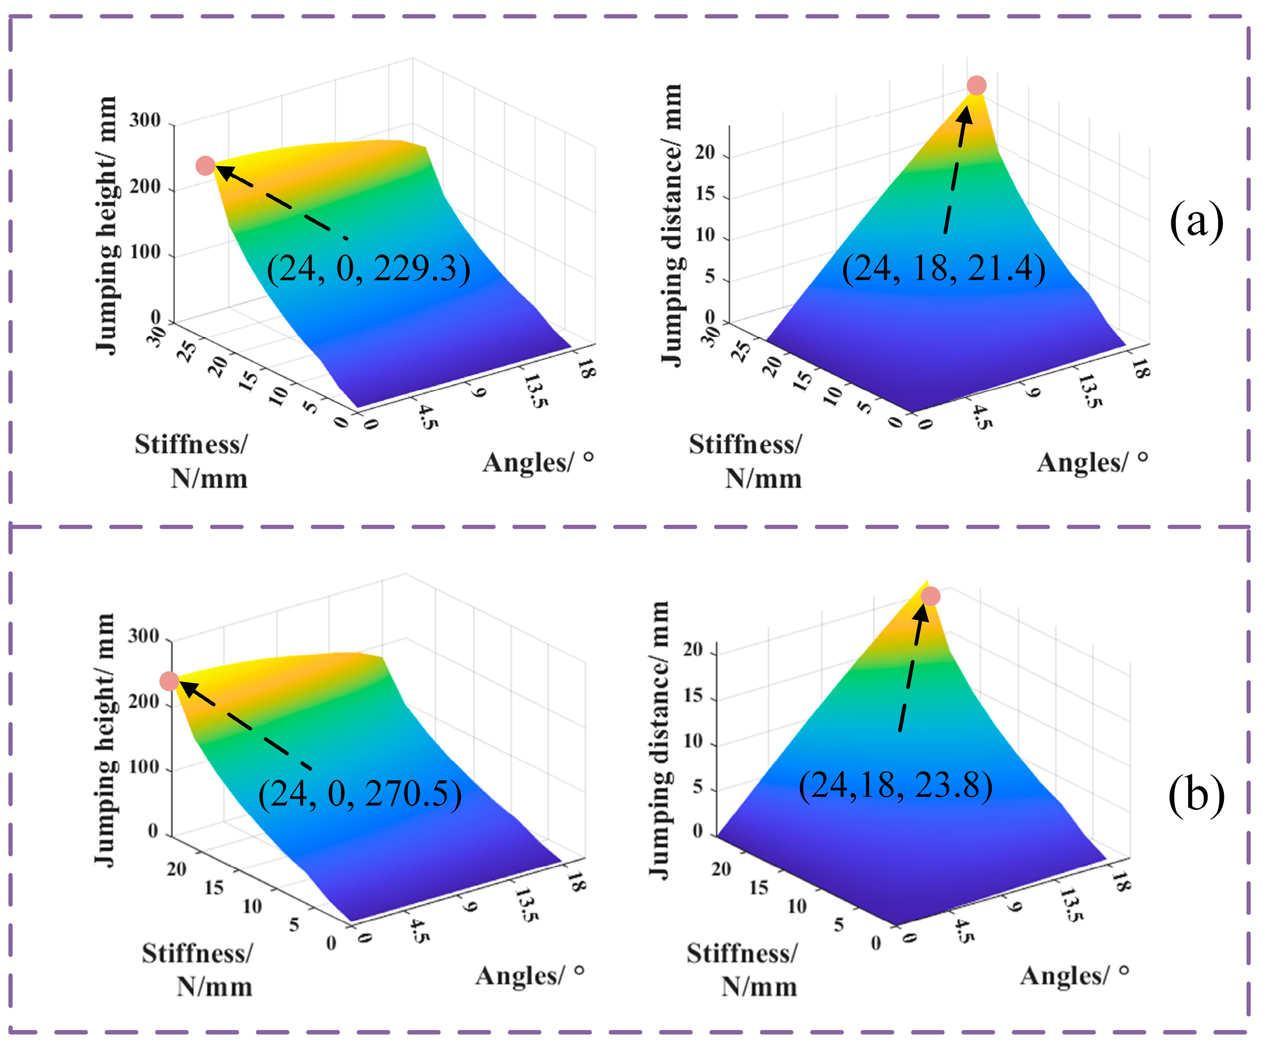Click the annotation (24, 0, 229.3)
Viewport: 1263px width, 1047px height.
[x=368, y=269]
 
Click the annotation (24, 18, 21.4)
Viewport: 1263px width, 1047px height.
[x=943, y=269]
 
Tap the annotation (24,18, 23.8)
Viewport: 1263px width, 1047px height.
[x=895, y=785]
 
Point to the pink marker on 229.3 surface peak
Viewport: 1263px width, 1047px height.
[x=205, y=166]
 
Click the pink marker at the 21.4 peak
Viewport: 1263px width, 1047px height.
[x=977, y=85]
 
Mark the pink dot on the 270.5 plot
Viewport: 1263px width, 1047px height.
[x=169, y=681]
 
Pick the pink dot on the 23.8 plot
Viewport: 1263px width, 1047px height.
[x=930, y=597]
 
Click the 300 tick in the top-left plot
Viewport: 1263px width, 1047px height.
[x=145, y=120]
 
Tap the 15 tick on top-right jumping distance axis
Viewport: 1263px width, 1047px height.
[x=705, y=194]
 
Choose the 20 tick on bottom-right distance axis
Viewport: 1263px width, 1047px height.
[x=693, y=649]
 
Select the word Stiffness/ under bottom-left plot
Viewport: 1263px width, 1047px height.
[x=197, y=953]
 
